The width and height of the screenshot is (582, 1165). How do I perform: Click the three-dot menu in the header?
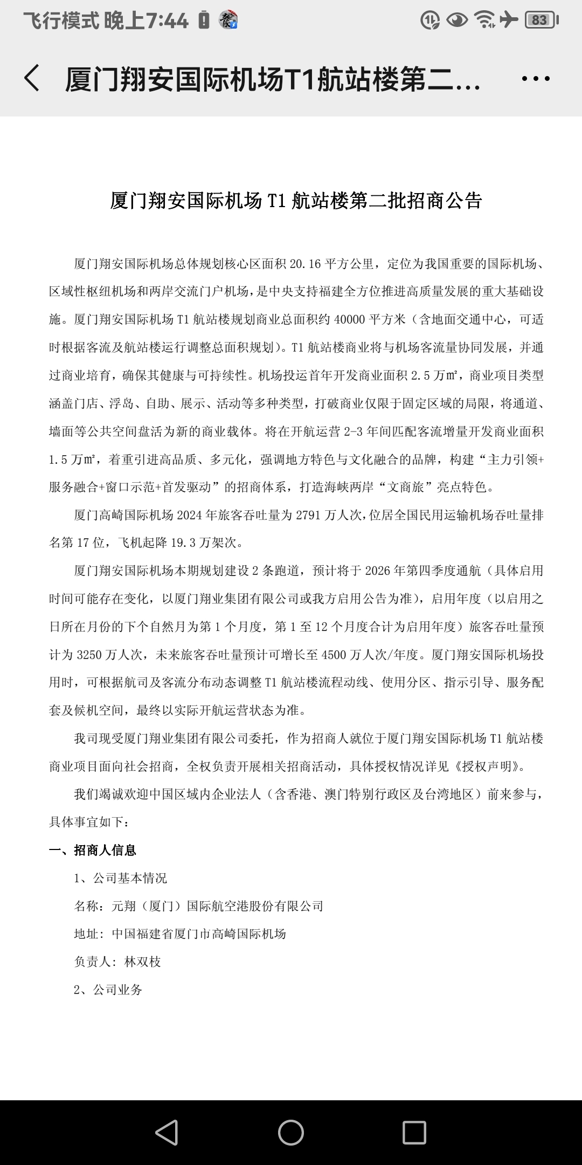coord(536,79)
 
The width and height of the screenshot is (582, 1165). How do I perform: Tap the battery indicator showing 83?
coord(540,20)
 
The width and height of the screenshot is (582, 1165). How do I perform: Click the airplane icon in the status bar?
coord(508,20)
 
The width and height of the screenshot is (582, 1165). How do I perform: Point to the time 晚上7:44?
coord(146,20)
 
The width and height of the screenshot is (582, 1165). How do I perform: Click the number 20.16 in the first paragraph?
coord(305,264)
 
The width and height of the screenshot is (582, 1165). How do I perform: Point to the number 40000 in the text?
coord(350,319)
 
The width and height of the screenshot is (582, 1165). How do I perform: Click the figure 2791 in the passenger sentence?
coord(309,515)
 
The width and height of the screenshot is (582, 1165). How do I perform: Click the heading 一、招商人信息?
coord(93,851)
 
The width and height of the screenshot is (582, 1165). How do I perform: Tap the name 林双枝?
coord(143,962)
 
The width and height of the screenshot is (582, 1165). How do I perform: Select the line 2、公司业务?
coord(108,990)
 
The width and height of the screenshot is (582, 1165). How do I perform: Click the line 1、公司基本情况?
coord(120,879)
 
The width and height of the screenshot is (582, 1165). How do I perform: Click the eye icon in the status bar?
coord(458,20)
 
